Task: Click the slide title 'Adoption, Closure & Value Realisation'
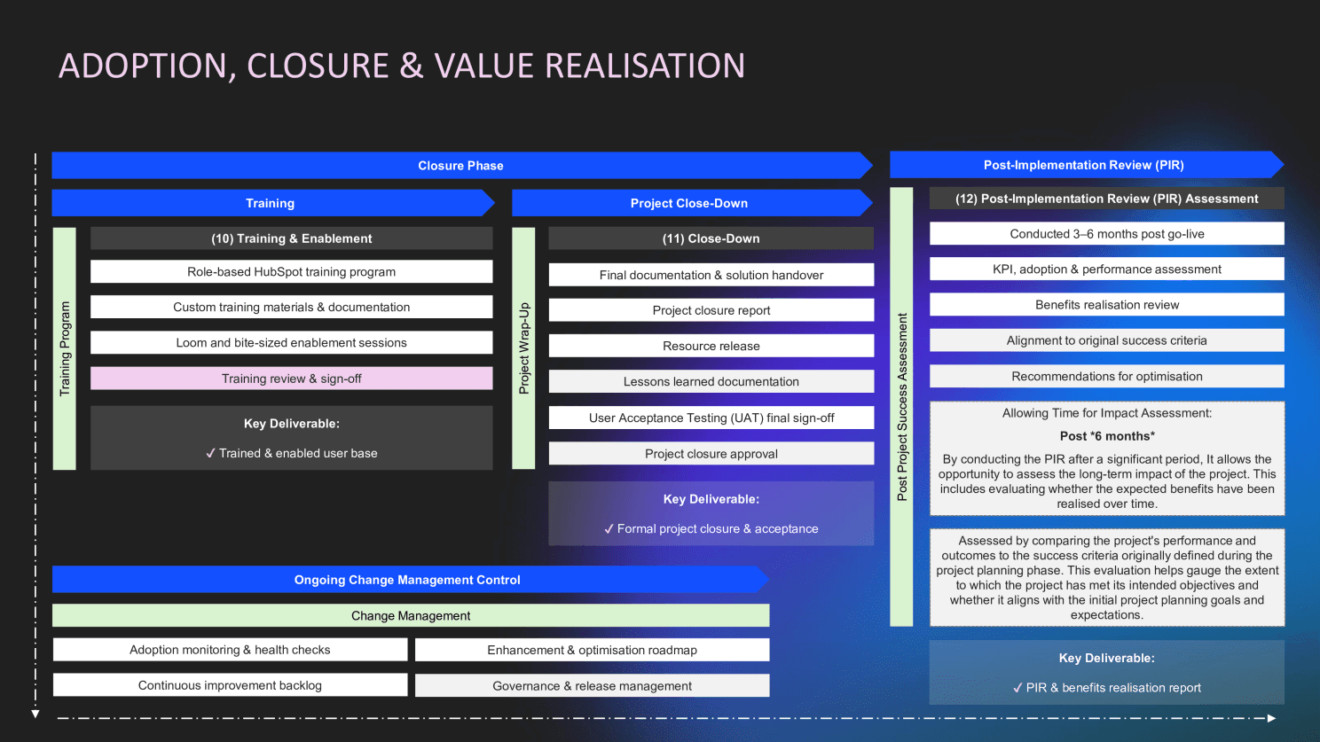pos(402,66)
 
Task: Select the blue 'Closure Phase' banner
pos(460,166)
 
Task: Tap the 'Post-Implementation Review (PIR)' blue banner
pos(1083,165)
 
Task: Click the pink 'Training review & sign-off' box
pos(291,379)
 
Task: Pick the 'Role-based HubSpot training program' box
pos(291,272)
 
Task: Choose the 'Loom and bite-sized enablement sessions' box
pos(291,343)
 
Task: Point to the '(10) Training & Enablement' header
pos(291,238)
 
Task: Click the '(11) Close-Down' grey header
pos(711,238)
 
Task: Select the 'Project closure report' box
pos(711,310)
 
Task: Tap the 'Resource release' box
pos(711,346)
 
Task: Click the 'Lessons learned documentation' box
pos(711,382)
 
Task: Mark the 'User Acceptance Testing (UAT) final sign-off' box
pos(711,418)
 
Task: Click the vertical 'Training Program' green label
pos(65,348)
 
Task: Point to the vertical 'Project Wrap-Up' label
pos(524,348)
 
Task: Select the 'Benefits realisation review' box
pos(1106,305)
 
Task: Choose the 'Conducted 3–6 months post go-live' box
pos(1106,234)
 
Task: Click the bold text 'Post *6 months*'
pos(1106,436)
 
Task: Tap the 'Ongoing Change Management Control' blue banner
pos(407,580)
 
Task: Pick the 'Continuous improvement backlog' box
pos(230,685)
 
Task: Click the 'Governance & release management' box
pos(592,686)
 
